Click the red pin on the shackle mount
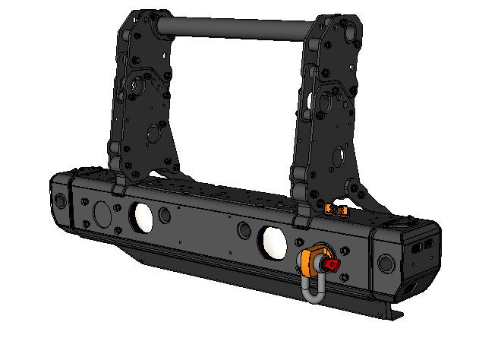pyautogui.click(x=332, y=264)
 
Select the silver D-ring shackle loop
pyautogui.click(x=314, y=289)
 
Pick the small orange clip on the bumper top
pyautogui.click(x=335, y=209)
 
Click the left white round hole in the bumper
pyautogui.click(x=141, y=216)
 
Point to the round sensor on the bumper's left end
pyautogui.click(x=59, y=201)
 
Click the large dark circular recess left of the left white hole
pyautogui.click(x=100, y=213)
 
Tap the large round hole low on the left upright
pyautogui.click(x=153, y=134)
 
